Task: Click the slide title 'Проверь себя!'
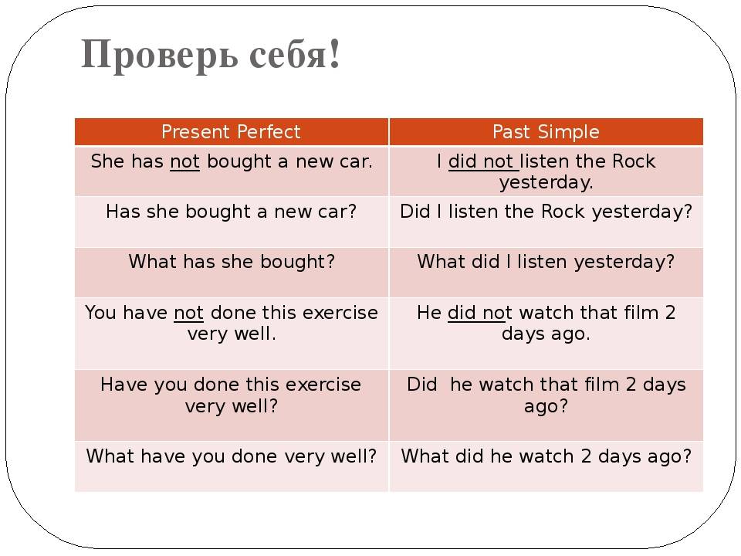211,55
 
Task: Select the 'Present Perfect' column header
231,131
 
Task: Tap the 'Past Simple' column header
546,131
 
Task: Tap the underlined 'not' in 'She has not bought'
184,161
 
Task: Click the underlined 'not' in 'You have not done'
188,313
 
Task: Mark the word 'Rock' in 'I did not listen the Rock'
633,161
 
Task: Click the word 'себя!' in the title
294,55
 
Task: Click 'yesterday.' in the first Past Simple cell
546,182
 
